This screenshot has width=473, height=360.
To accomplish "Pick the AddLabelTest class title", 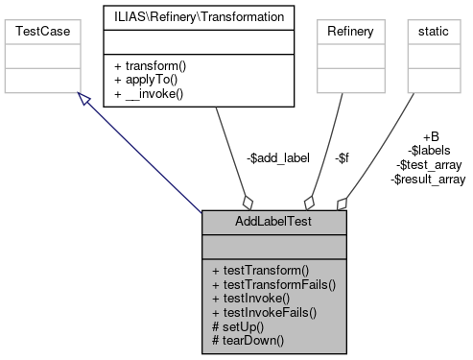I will (273, 222).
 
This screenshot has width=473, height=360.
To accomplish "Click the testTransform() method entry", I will (260, 270).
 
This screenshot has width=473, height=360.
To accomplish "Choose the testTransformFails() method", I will (272, 284).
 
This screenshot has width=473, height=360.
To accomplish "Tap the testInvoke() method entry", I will (250, 298).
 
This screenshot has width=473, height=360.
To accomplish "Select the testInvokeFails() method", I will (263, 312).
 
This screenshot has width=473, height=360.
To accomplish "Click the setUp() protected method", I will (239, 325).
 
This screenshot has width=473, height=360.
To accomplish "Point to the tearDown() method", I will (248, 339).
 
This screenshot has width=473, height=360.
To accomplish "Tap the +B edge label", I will (430, 136).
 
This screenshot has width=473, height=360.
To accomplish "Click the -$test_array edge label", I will (430, 164).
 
